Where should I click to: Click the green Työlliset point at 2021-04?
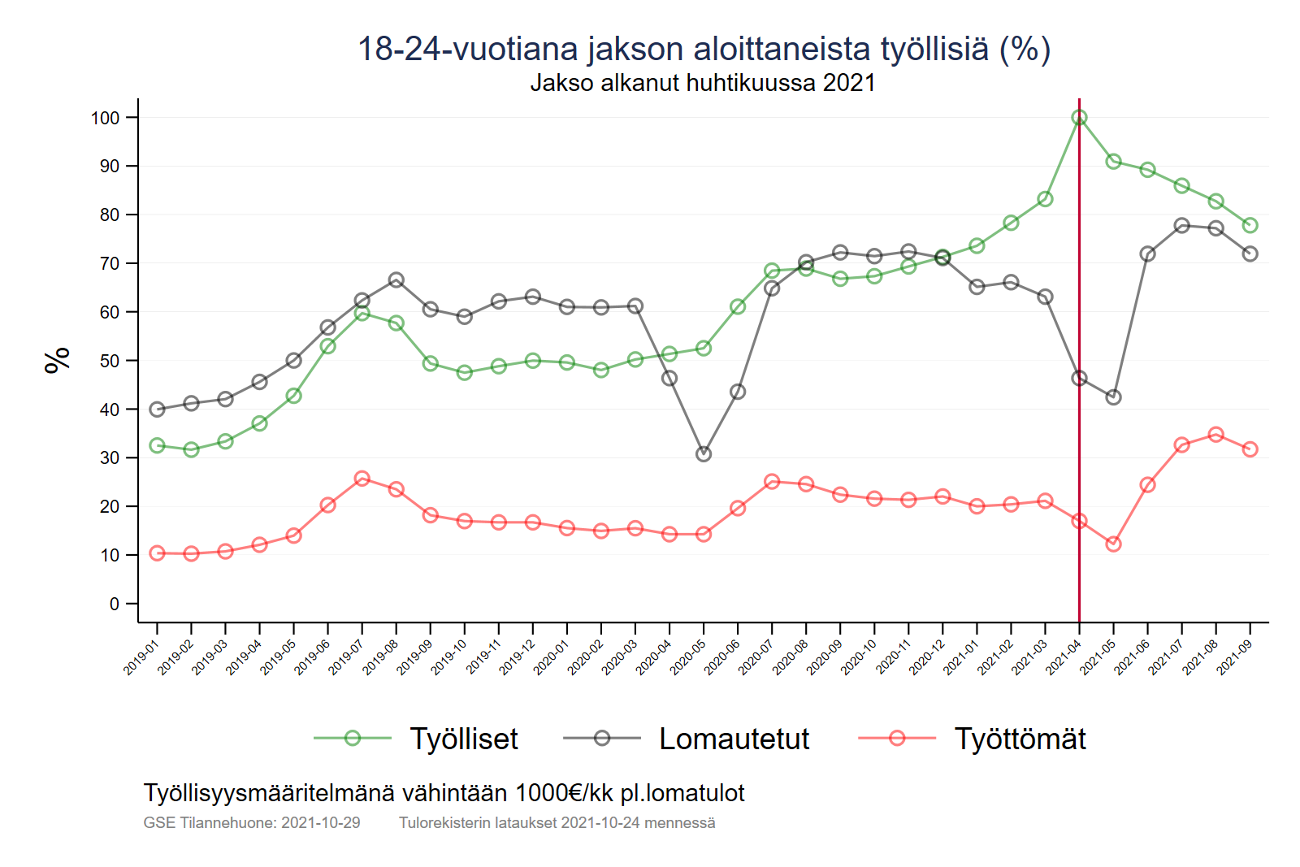pos(1079,118)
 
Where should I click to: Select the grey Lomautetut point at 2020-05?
pos(704,453)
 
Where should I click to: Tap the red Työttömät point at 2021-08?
pos(1215,435)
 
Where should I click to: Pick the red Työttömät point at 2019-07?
pos(362,479)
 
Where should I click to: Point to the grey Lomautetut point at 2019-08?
pos(396,280)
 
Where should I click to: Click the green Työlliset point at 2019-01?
pos(158,445)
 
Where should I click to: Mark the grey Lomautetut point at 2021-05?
pos(1113,397)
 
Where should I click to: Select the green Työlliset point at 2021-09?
pos(1250,225)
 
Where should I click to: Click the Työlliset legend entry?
pos(463,739)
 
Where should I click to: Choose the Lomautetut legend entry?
pos(733,739)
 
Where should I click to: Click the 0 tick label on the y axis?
pos(115,604)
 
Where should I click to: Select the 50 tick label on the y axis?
pos(110,361)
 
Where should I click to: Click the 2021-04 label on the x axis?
pos(1064,657)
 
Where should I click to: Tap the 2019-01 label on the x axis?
pos(141,657)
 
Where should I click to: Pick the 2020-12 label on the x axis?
pos(927,657)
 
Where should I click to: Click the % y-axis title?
pos(58,359)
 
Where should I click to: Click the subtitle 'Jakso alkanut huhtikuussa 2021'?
pos(703,83)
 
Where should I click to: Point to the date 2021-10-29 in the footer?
pos(320,822)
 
